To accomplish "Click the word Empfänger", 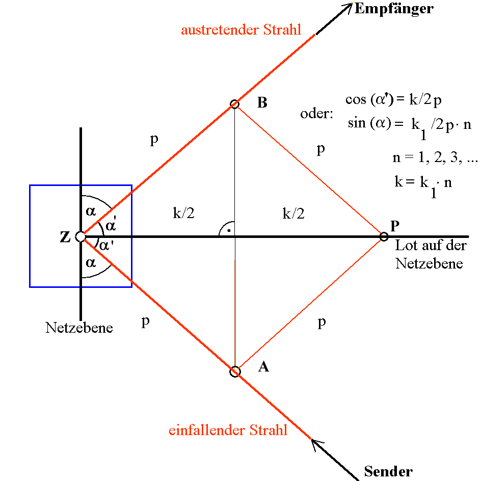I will (394, 9).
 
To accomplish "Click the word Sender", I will (388, 471).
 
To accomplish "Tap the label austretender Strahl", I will (241, 30).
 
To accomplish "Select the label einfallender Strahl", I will (228, 430).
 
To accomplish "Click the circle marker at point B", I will (234, 104).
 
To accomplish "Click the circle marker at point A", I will (234, 371).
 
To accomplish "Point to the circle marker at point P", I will (384, 236).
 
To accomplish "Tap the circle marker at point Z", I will (80, 236).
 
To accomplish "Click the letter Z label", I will (65, 237).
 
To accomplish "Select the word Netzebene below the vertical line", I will (79, 327).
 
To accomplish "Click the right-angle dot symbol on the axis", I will (229, 231).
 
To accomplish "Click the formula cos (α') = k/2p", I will (393, 100).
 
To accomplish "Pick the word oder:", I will (316, 114).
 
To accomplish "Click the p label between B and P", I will (320, 149).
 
